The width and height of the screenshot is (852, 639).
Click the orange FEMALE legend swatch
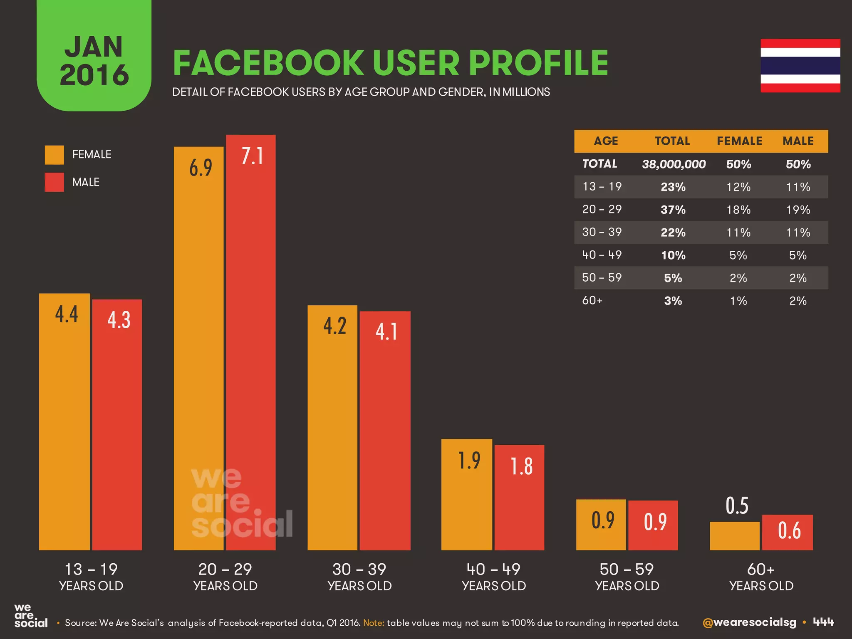[x=54, y=155]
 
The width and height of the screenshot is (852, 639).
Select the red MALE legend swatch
[x=54, y=182]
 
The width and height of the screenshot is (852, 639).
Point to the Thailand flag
[x=800, y=66]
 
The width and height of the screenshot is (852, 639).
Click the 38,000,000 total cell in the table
[x=674, y=164]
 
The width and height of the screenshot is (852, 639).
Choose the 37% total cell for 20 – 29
[x=673, y=210]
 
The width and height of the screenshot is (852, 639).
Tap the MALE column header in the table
[x=798, y=141]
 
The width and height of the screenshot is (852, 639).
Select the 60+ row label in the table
[x=592, y=300]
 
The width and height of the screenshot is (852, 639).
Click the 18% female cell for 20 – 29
[x=738, y=210]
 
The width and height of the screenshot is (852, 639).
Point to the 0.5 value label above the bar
[x=737, y=506]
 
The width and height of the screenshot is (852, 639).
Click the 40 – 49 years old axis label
[x=493, y=577]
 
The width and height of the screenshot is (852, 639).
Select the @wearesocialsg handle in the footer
[x=749, y=622]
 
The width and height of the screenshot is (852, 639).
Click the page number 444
[x=823, y=622]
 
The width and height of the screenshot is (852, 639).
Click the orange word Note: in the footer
[x=374, y=623]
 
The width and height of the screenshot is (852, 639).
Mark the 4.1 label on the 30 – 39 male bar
[x=386, y=332]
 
